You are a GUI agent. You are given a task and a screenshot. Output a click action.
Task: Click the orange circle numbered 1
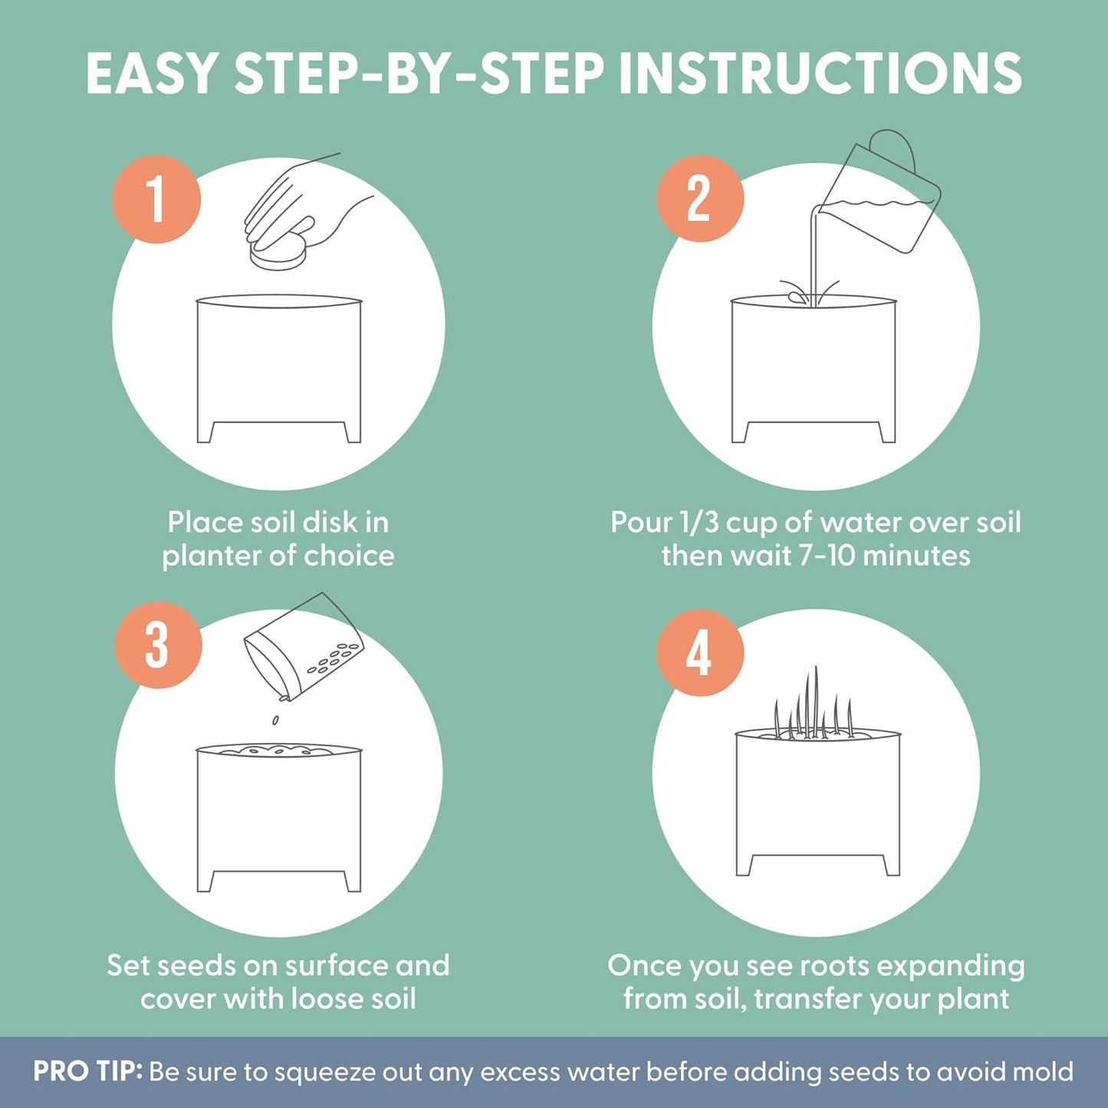(x=157, y=199)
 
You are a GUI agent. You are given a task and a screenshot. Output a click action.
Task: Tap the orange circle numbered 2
(x=700, y=199)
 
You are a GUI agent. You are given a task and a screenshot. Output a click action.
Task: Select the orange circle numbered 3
(x=158, y=645)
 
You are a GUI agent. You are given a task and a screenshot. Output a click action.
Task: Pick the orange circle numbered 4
(x=700, y=653)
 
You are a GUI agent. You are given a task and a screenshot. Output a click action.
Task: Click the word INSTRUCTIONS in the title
(x=820, y=73)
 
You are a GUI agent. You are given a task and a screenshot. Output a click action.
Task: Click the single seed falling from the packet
(x=275, y=721)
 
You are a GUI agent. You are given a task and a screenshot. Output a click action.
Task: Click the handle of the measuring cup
(x=894, y=150)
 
